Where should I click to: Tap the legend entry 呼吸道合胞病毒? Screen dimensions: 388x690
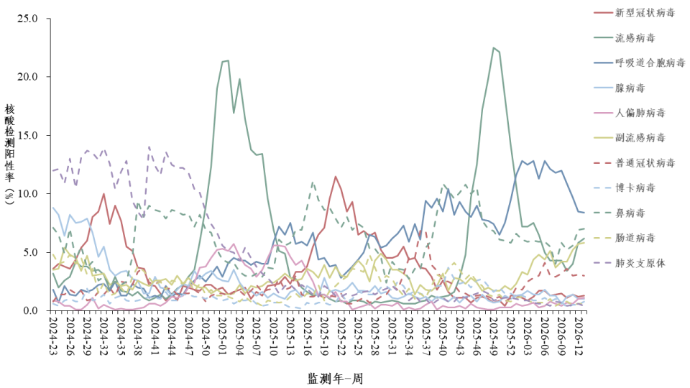[650, 63]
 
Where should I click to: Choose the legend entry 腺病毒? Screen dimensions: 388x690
[630, 88]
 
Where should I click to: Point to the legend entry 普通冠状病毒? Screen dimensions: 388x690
[645, 163]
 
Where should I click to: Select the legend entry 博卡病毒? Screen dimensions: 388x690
[635, 188]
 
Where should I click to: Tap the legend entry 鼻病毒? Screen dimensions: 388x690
[630, 213]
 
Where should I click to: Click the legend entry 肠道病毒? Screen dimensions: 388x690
[635, 238]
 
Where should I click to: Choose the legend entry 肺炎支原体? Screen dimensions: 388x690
[640, 263]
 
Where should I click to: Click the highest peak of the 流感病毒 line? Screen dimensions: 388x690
[494, 47]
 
